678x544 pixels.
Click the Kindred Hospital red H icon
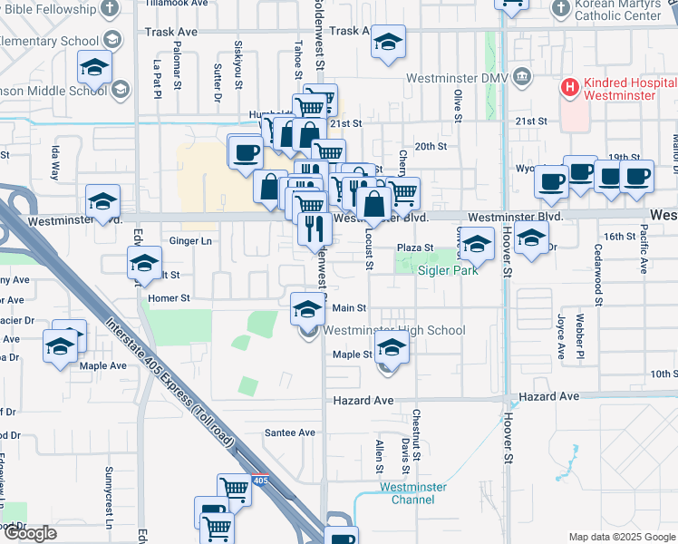pos(570,88)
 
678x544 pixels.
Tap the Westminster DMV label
pos(459,77)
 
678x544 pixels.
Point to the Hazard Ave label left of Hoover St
pos(363,400)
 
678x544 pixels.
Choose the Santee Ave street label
pos(290,432)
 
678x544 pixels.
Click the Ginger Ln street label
pos(190,241)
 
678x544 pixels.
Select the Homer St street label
pos(169,297)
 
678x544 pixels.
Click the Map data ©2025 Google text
pos(621,537)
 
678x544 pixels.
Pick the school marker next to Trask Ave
pos(388,43)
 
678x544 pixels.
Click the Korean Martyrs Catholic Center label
pos(619,10)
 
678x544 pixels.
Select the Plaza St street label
pos(416,248)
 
